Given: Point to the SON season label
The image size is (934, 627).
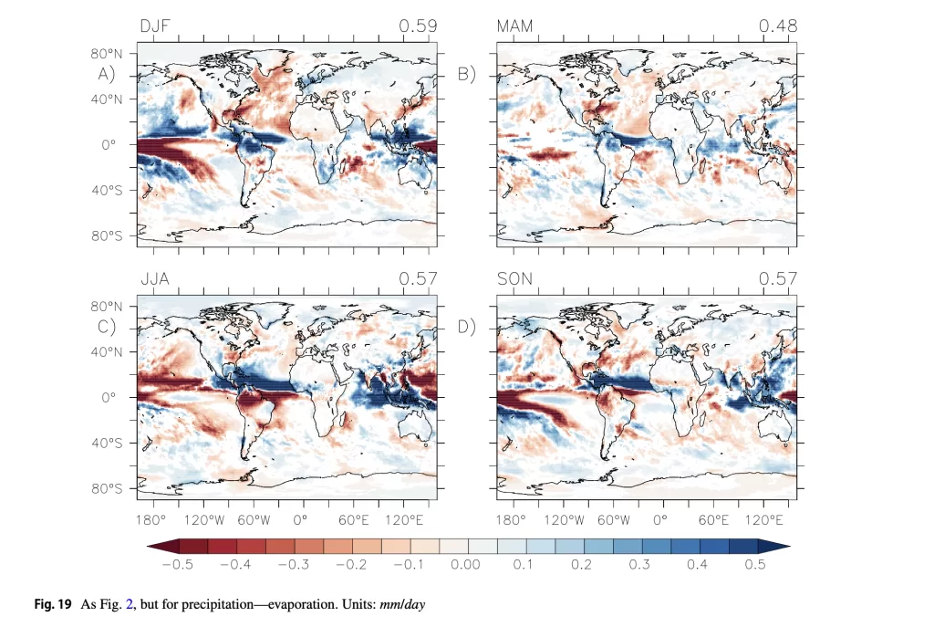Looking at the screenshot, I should pyautogui.click(x=516, y=278).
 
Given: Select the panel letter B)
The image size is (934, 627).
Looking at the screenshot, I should pyautogui.click(x=467, y=75).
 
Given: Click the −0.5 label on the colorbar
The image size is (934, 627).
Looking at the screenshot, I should pyautogui.click(x=177, y=565).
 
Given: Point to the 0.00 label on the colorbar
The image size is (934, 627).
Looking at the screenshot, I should pyautogui.click(x=466, y=565).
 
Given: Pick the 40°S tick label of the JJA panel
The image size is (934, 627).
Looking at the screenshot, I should pyautogui.click(x=108, y=444).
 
